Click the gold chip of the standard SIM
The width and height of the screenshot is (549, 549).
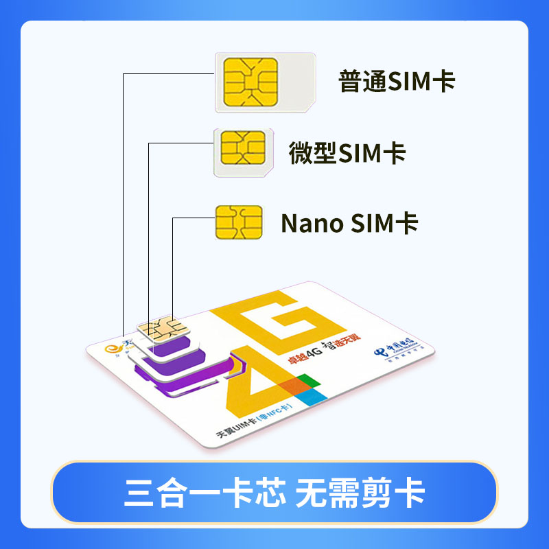(250, 82)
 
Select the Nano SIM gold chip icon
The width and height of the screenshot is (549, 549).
(238, 222)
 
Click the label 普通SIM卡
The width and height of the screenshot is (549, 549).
(397, 82)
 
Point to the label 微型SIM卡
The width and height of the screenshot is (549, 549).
(347, 153)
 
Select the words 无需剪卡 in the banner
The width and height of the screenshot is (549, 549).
(360, 493)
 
